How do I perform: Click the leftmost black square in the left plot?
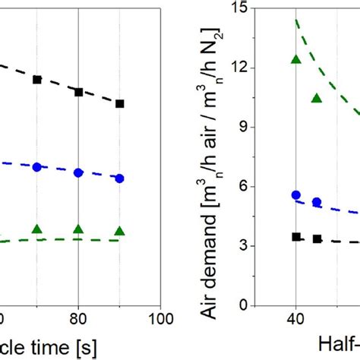click(36, 79)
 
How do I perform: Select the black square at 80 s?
click(78, 92)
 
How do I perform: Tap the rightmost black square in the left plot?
click(119, 103)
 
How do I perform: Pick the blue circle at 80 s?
click(78, 172)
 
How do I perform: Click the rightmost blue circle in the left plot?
click(119, 178)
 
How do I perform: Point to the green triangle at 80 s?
click(78, 229)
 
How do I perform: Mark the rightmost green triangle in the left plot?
click(119, 231)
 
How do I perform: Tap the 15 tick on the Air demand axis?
click(242, 8)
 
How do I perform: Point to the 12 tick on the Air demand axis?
click(242, 68)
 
